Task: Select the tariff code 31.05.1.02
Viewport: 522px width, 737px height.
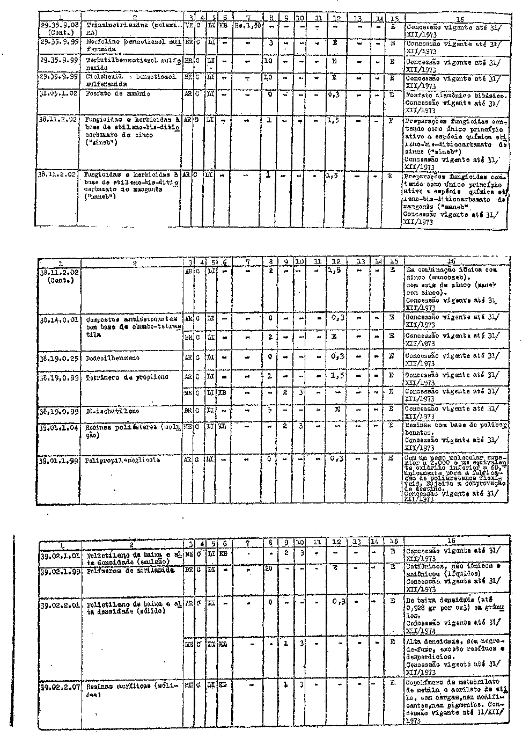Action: [60, 94]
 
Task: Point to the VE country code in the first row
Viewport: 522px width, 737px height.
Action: [188, 25]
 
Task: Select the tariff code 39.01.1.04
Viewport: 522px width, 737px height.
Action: [60, 428]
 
